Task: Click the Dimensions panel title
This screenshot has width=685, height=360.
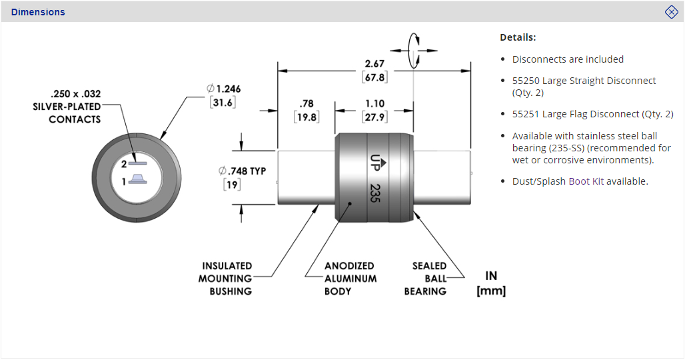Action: point(38,12)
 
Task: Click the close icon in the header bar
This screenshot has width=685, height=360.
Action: point(671,12)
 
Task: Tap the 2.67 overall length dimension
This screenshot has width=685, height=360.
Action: point(374,64)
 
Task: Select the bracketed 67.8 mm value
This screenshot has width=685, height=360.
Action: point(374,77)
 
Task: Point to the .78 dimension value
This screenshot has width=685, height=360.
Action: point(307,104)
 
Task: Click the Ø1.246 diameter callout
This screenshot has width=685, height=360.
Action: point(223,89)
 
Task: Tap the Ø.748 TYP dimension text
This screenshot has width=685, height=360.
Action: point(242,171)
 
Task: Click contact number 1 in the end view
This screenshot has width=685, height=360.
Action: point(137,179)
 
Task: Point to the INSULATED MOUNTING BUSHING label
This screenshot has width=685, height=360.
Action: point(227,279)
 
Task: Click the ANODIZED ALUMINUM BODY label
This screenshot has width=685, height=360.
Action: point(350,279)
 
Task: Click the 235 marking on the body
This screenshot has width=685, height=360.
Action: point(375,194)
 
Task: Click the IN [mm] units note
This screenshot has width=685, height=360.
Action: point(491,283)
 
